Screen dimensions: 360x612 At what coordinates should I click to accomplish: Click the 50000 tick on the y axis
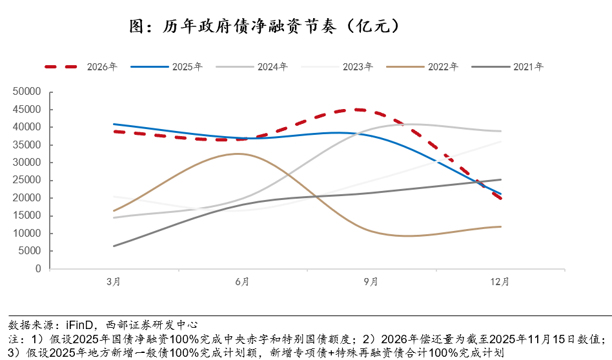click(27, 92)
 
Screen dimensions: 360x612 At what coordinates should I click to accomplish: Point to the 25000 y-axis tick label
click(27, 181)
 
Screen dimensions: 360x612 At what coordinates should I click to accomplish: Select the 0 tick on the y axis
click(38, 269)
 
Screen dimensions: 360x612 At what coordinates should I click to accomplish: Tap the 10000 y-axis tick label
click(27, 234)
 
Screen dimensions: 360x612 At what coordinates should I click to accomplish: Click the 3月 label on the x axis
click(114, 282)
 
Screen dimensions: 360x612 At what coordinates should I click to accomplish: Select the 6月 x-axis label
click(242, 282)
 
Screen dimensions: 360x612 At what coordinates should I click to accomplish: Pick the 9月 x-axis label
click(371, 282)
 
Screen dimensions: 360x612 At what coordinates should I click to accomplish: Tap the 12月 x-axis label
click(500, 282)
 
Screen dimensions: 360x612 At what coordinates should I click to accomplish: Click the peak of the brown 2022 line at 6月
click(238, 154)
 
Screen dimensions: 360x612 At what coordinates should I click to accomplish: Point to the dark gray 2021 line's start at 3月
click(114, 246)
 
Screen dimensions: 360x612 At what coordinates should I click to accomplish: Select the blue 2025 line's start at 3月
click(114, 124)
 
